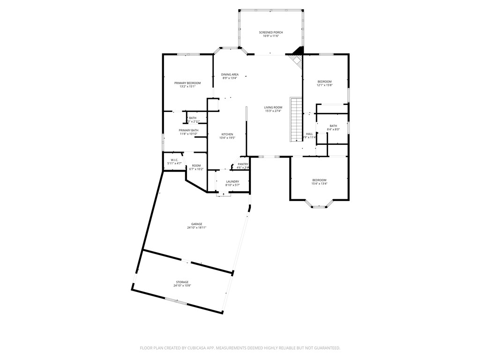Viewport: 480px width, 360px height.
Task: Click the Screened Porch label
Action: (x=271, y=32)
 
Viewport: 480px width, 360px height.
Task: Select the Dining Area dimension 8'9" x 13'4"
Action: (x=230, y=78)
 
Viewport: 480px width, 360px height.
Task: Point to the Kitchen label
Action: (x=227, y=135)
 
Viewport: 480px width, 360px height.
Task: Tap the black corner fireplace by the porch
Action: (x=298, y=51)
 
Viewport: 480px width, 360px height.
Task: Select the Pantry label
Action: (x=243, y=164)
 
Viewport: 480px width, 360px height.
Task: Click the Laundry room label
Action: (x=232, y=181)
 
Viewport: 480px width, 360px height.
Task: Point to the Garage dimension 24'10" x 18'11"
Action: (x=196, y=227)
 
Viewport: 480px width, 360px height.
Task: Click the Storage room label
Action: (x=182, y=282)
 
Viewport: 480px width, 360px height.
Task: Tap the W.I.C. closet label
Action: (x=174, y=160)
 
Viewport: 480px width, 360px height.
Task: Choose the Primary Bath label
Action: (x=188, y=130)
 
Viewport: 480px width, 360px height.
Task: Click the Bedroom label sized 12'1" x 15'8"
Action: (x=324, y=82)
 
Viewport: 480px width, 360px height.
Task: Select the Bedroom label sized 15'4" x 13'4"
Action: (x=320, y=180)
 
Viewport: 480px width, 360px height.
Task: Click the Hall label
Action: (x=309, y=134)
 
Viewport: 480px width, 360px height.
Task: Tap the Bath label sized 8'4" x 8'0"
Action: (x=333, y=126)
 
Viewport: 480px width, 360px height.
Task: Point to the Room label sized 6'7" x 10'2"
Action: (x=196, y=165)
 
